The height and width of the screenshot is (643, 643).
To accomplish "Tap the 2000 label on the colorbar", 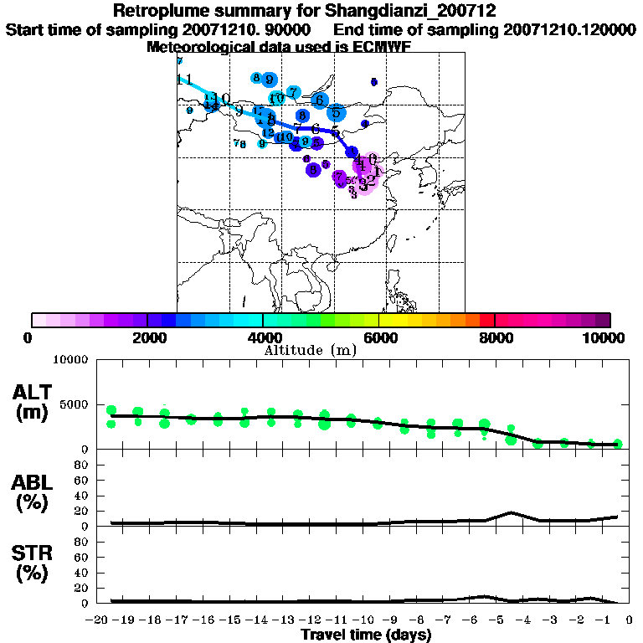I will click(x=147, y=337).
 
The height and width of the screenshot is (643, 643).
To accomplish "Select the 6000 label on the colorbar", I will click(x=379, y=337).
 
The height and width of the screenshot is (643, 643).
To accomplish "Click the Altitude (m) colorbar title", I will click(x=310, y=350).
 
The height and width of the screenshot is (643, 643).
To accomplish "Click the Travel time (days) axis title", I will click(x=366, y=635).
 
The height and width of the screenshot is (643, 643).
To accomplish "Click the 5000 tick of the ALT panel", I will click(x=73, y=404).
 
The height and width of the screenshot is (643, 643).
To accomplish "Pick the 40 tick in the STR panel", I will click(x=81, y=573).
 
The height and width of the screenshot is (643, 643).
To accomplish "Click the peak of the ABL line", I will click(x=511, y=512).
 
